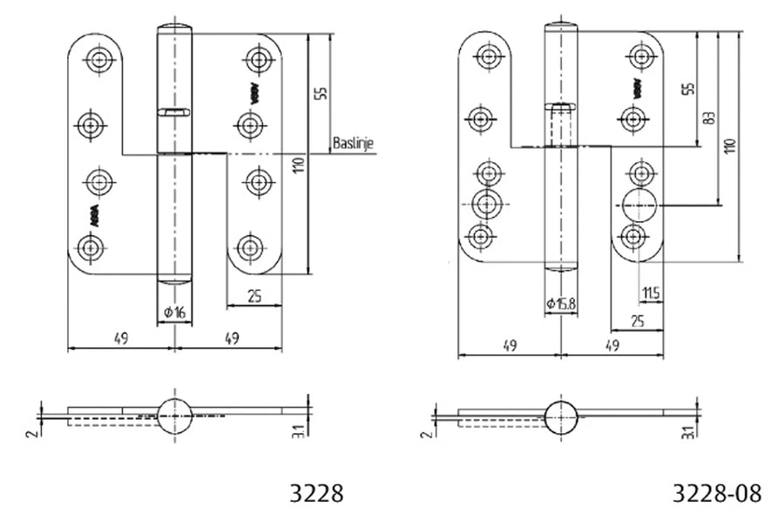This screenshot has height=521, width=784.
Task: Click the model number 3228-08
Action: click(x=717, y=494)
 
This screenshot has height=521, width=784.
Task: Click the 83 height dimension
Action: click(x=710, y=118)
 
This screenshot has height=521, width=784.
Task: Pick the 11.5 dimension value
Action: click(x=650, y=292)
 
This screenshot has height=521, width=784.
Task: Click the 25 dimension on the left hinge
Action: click(x=253, y=296)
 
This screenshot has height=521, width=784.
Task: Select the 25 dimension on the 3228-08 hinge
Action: click(x=637, y=321)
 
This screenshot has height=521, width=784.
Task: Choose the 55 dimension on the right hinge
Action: click(x=687, y=90)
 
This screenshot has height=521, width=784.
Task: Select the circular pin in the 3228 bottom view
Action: click(x=176, y=414)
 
